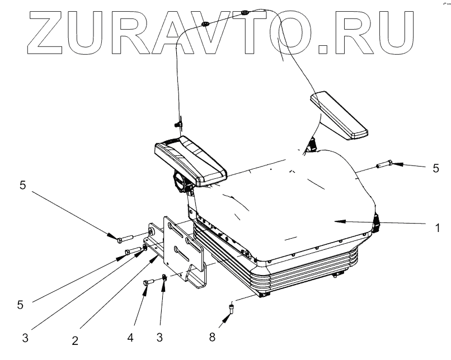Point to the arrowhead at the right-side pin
392,164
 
